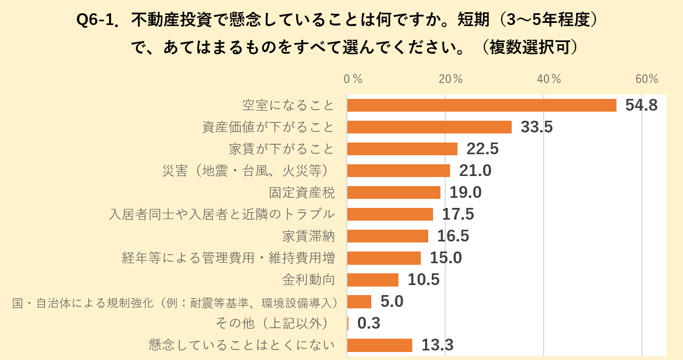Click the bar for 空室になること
point(481,105)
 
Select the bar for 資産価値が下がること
point(429,127)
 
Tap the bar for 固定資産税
point(394,192)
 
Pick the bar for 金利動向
point(373,280)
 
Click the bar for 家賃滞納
point(388,236)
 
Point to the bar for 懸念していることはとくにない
point(380,345)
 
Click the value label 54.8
point(642,105)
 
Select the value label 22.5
point(482,149)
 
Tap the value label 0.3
point(369,323)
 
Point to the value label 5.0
point(392,302)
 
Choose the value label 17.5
point(458,214)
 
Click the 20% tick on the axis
point(451,79)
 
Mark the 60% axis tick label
point(647,79)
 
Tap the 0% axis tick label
point(353,79)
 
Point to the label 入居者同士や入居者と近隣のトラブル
point(222,214)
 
